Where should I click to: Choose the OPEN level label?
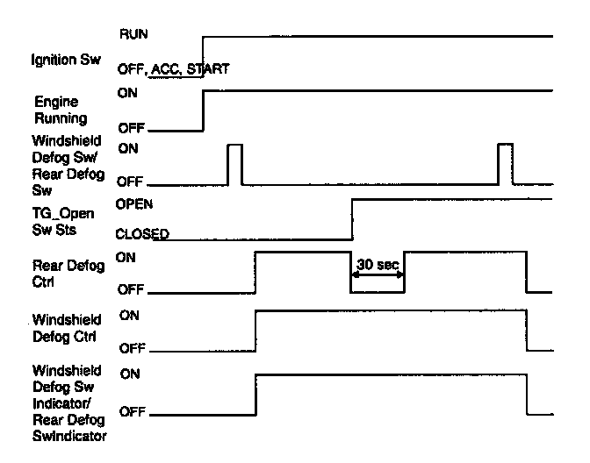pos(134,203)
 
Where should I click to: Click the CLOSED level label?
pos(142,234)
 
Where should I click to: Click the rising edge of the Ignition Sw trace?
pos(203,56)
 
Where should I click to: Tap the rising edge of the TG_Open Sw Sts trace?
pos(352,217)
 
